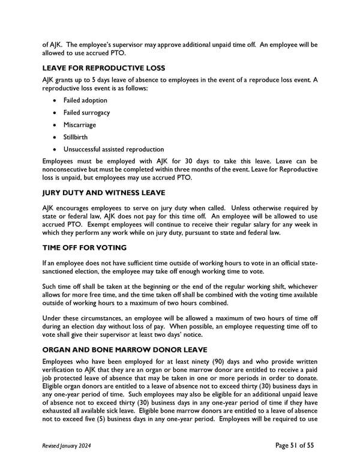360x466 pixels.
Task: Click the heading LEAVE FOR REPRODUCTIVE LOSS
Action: click(x=103, y=68)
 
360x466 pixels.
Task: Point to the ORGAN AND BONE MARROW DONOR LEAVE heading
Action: click(x=125, y=349)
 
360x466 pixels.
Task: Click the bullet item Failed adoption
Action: click(x=85, y=100)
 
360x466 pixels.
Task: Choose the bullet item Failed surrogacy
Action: click(x=86, y=112)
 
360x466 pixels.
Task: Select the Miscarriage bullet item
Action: click(x=80, y=125)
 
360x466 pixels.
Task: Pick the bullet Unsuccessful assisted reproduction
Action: click(x=113, y=149)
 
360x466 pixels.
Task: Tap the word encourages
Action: click(x=74, y=208)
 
